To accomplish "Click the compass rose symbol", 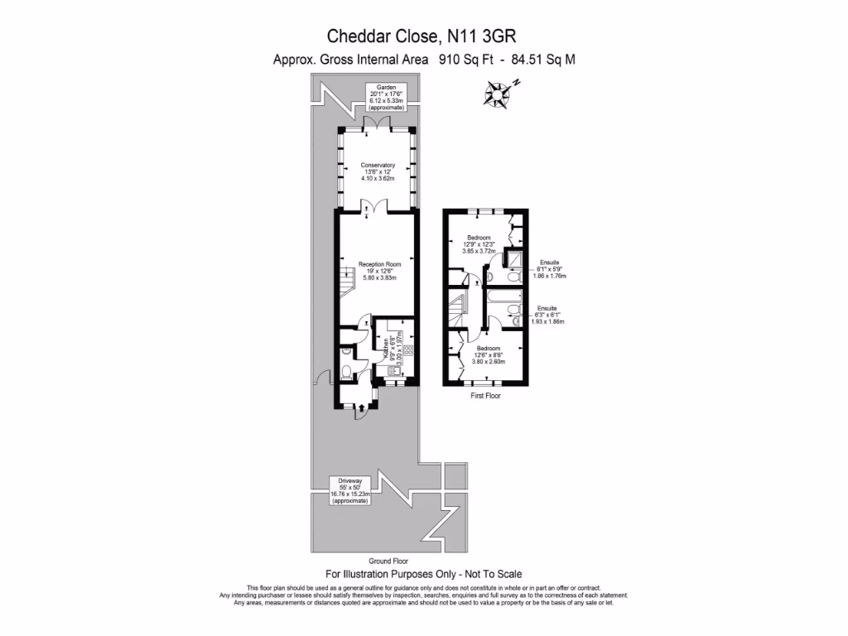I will point(497,94).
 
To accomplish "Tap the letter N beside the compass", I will point(515,82).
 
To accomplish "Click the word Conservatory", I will point(378,165).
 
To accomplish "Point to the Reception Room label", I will point(379,264).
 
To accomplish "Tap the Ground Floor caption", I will point(365,561).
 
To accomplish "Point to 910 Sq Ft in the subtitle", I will point(459,59).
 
